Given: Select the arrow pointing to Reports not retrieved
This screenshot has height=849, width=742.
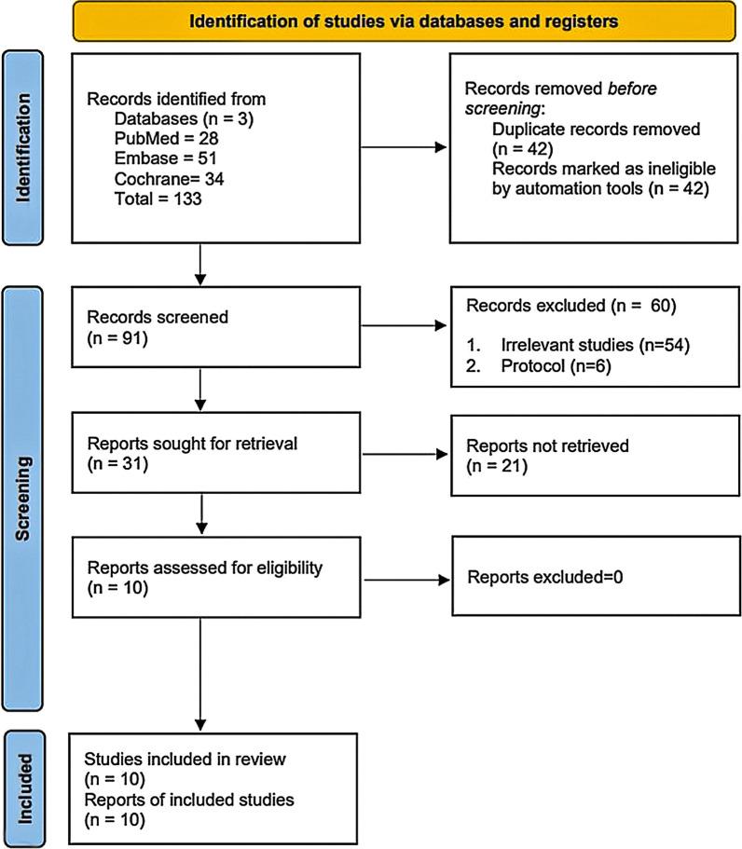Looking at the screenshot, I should click(400, 455).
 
